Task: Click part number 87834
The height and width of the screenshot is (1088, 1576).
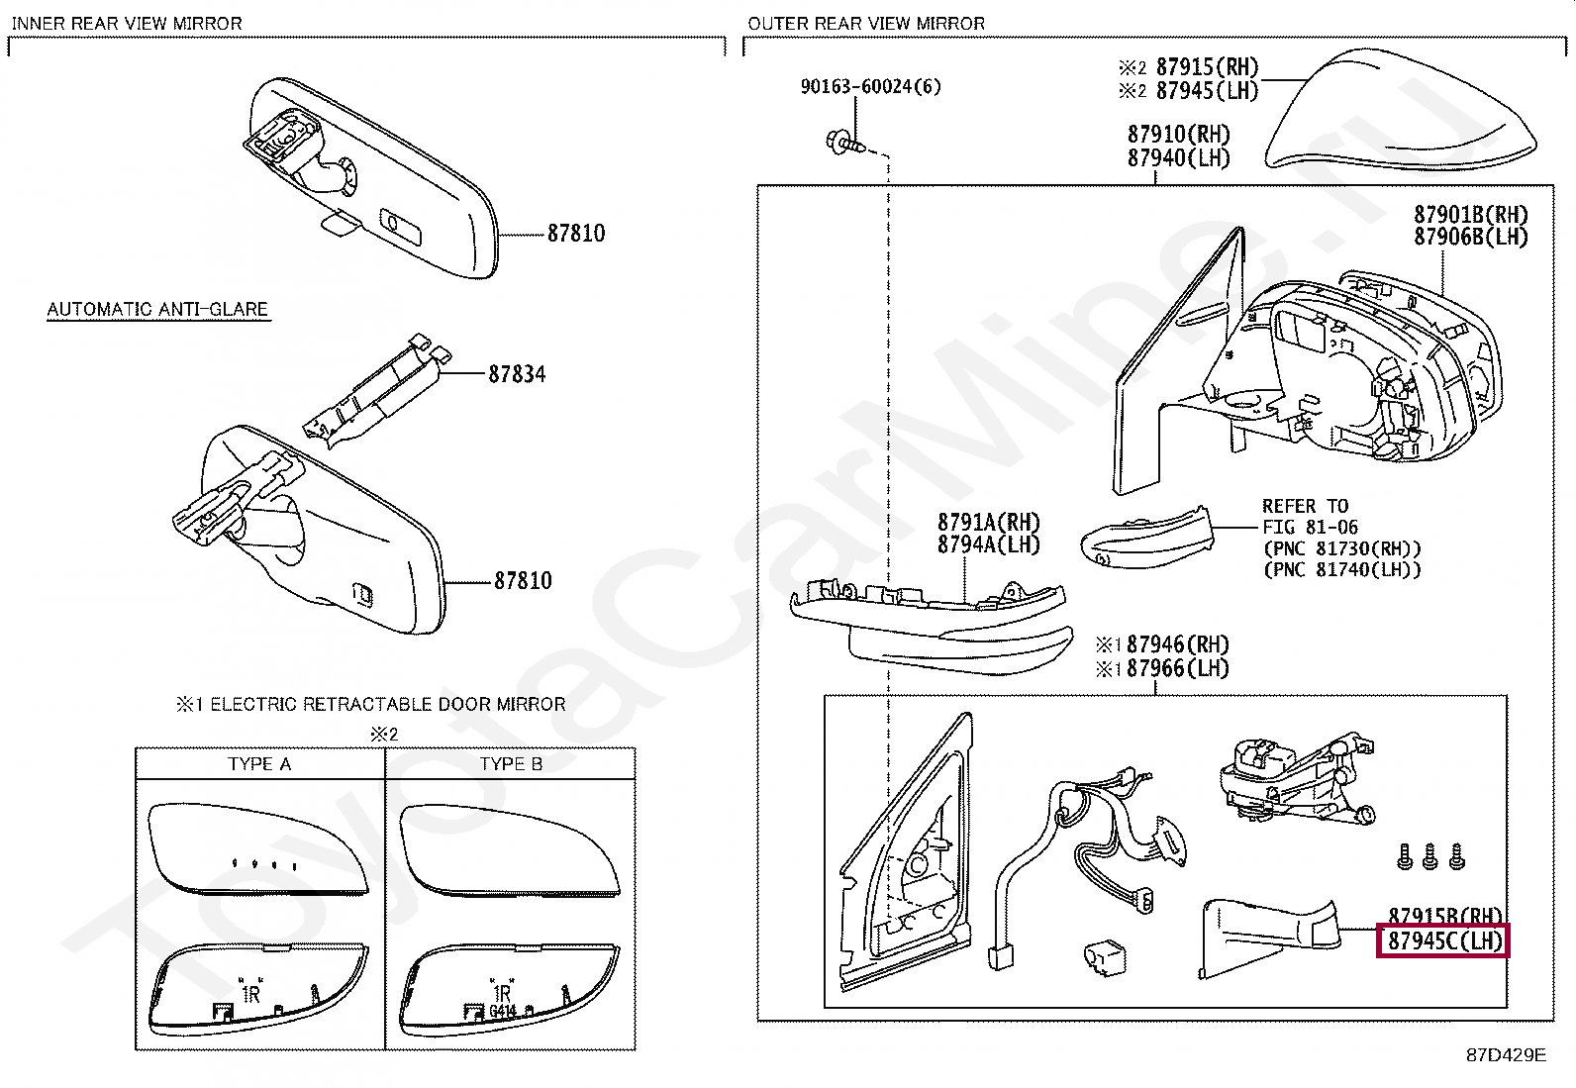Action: click(x=516, y=374)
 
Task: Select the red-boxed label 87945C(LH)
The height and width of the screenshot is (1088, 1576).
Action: click(x=1443, y=940)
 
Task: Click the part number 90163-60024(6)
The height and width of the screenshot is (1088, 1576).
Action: click(x=870, y=87)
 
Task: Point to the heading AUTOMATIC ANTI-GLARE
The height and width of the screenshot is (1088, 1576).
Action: click(x=157, y=309)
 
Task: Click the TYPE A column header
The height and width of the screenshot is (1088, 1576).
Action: click(x=259, y=763)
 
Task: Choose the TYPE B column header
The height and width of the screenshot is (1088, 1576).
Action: click(x=511, y=763)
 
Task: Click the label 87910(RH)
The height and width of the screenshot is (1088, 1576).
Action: click(x=1178, y=134)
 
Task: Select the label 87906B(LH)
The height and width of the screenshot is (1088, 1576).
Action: click(x=1470, y=237)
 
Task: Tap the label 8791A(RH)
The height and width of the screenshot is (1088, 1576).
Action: click(x=988, y=521)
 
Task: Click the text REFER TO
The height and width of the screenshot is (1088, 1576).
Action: click(x=1305, y=506)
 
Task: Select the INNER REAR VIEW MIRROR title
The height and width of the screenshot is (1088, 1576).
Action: click(x=127, y=23)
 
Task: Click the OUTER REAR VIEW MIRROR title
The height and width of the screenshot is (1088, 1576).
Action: click(x=865, y=23)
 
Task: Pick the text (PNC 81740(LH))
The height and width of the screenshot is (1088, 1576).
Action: click(x=1341, y=569)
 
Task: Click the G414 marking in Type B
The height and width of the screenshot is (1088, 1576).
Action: click(x=503, y=1012)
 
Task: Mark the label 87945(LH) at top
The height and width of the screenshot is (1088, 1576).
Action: click(x=1206, y=90)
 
